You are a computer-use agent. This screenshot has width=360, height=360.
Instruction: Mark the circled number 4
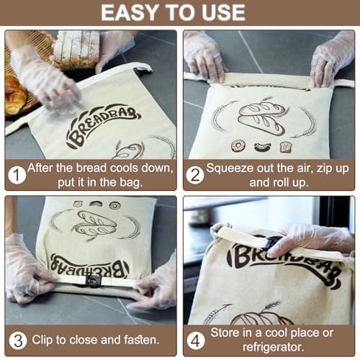(x=195, y=339)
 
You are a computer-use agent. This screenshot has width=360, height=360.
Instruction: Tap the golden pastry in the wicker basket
(x=14, y=94)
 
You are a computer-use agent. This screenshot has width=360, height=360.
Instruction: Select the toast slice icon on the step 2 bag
(x=286, y=146)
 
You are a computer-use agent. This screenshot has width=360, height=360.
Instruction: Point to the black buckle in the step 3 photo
(x=93, y=281)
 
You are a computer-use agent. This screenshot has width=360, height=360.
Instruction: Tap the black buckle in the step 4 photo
(x=272, y=245)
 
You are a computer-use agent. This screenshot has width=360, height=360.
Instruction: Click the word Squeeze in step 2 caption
(x=231, y=168)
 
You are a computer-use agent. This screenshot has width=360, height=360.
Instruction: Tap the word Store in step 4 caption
(x=226, y=333)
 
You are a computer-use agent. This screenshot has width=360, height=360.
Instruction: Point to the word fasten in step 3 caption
(x=138, y=339)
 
